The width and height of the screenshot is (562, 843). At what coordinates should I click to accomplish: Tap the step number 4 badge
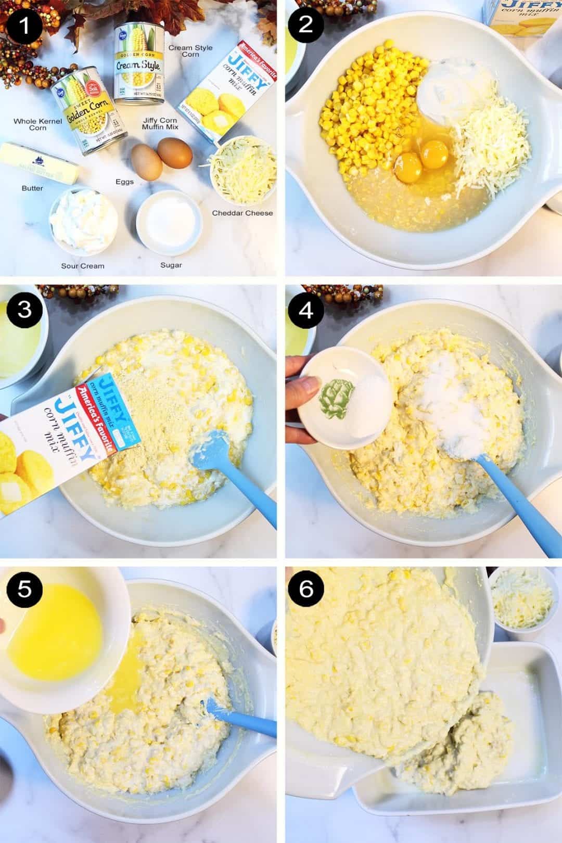[x=305, y=310]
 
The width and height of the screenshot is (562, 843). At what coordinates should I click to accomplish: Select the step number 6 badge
[x=305, y=589]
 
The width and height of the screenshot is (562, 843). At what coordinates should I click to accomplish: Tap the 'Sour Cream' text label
[x=83, y=266]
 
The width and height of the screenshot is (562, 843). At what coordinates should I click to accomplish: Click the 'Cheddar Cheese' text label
[x=242, y=213]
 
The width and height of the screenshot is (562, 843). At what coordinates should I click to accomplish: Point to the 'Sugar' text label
[x=171, y=265]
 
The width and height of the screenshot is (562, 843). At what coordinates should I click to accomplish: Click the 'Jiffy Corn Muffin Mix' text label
[x=160, y=124]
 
